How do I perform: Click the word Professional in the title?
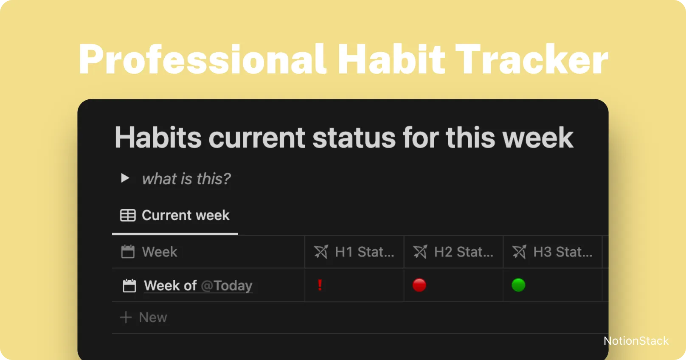(x=202, y=59)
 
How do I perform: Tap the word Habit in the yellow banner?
(x=391, y=59)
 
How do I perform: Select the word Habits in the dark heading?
(x=158, y=138)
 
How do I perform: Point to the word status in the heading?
(x=354, y=138)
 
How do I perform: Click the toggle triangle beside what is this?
(x=125, y=178)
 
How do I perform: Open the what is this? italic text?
(x=186, y=179)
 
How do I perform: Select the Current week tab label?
(x=186, y=215)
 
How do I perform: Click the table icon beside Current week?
(x=128, y=215)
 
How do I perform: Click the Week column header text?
(x=159, y=252)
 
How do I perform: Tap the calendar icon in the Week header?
(x=128, y=252)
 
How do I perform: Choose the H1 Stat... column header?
(x=364, y=252)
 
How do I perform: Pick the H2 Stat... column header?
(x=464, y=252)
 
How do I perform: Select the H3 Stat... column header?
(x=562, y=252)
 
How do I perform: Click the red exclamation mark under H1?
(x=320, y=285)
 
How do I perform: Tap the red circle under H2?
(x=419, y=285)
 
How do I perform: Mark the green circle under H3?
(x=518, y=285)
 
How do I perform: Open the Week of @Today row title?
(x=198, y=286)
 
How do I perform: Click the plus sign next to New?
(x=126, y=317)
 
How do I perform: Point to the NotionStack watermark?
(x=636, y=341)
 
